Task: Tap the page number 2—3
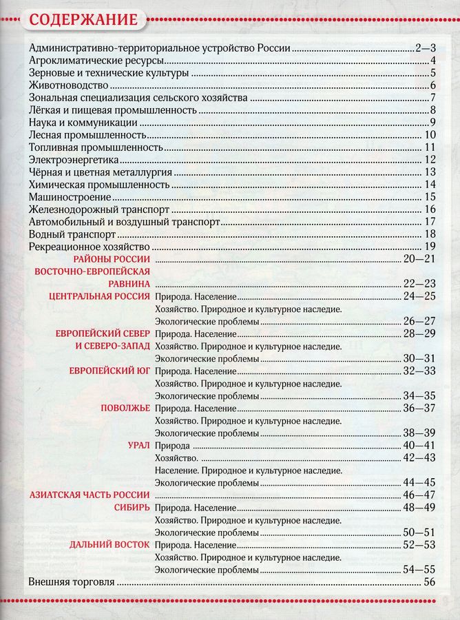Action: (425, 49)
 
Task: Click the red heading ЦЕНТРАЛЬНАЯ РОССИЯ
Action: (100, 296)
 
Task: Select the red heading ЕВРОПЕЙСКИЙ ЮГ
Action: (109, 371)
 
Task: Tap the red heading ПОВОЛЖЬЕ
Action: (125, 408)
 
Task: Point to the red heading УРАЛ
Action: (138, 445)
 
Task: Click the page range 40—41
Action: (419, 446)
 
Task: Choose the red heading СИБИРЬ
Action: (132, 508)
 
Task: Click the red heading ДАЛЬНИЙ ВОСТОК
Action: (109, 545)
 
